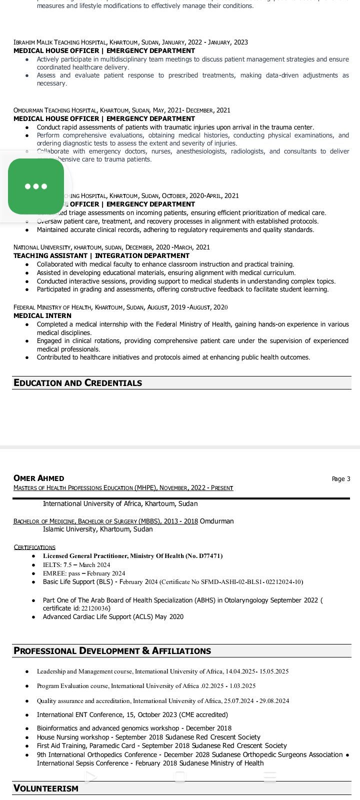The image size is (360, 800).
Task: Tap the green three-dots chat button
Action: click(x=36, y=186)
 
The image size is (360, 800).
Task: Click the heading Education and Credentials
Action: click(x=77, y=383)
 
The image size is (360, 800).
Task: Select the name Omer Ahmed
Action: click(x=38, y=478)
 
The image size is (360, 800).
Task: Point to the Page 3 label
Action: click(x=341, y=479)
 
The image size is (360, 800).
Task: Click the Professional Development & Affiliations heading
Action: click(x=112, y=651)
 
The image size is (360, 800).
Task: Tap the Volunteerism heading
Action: click(x=46, y=788)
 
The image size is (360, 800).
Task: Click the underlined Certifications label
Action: click(x=34, y=547)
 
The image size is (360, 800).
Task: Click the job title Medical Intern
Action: click(x=42, y=316)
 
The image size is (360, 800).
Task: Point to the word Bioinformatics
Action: click(x=57, y=728)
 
